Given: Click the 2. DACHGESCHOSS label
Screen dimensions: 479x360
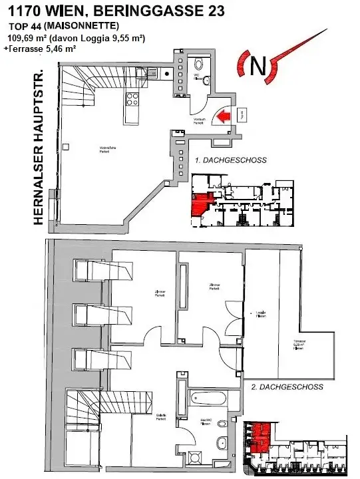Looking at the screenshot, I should pyautogui.click(x=287, y=387).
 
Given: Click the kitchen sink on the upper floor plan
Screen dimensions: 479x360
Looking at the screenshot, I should pyautogui.click(x=152, y=74).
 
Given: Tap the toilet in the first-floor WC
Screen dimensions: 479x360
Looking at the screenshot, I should pyautogui.click(x=206, y=80).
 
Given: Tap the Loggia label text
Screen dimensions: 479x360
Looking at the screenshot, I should pyautogui.click(x=258, y=314).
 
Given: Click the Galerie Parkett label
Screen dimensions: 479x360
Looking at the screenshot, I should pyautogui.click(x=161, y=417).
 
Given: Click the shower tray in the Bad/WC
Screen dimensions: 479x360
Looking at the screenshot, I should pyautogui.click(x=195, y=458).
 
